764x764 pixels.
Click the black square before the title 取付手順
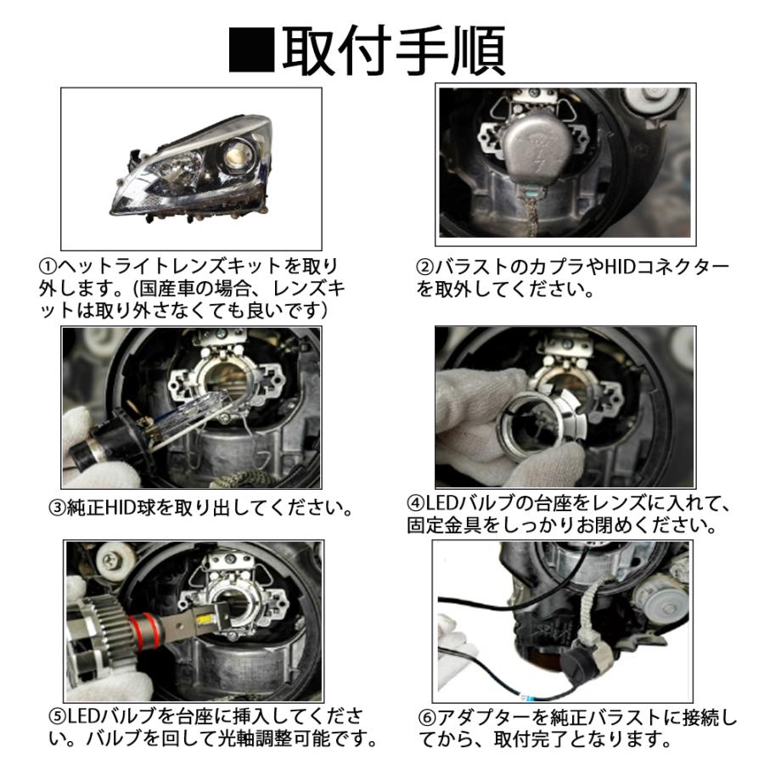point(252,50)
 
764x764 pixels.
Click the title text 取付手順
point(394,50)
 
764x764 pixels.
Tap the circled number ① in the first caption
point(48,267)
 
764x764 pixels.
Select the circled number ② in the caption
point(424,267)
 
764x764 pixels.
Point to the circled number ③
point(57,508)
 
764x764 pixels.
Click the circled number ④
point(416,503)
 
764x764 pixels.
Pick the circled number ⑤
point(57,716)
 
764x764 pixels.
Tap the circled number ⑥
point(427,717)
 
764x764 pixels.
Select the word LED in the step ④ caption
point(440,503)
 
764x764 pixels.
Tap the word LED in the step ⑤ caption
point(81,716)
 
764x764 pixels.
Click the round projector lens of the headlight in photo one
point(236,155)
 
